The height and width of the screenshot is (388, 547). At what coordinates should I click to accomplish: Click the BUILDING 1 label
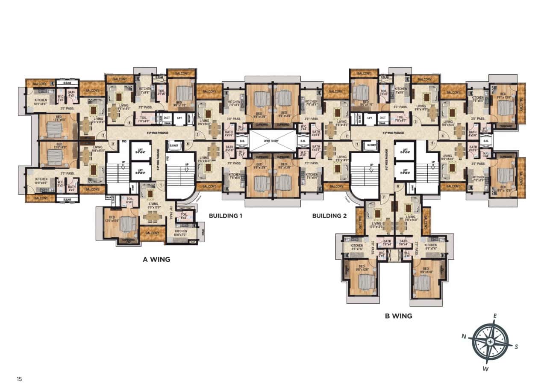tap(225, 216)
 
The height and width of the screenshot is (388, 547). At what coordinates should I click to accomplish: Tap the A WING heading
tap(156, 259)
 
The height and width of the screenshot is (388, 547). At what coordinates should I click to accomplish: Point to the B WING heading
tap(398, 316)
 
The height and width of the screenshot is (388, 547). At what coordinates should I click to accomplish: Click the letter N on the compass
tap(464, 336)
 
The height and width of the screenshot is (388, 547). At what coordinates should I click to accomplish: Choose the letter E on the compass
tap(495, 316)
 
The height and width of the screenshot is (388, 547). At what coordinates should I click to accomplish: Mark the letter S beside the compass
tap(516, 347)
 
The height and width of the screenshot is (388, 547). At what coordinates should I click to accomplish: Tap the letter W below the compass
tap(485, 368)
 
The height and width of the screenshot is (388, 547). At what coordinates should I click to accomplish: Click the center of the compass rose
tap(490, 342)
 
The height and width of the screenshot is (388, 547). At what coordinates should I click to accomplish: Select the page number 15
tap(19, 379)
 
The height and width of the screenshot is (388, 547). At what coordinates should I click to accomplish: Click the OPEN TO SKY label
tap(273, 140)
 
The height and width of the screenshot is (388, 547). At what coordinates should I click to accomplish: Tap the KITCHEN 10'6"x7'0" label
tap(180, 233)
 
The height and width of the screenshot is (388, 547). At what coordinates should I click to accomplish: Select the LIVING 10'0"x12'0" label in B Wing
tap(376, 225)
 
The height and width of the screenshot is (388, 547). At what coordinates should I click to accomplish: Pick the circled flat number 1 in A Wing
tap(161, 185)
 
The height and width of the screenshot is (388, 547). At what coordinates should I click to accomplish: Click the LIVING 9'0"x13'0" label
tap(153, 206)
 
